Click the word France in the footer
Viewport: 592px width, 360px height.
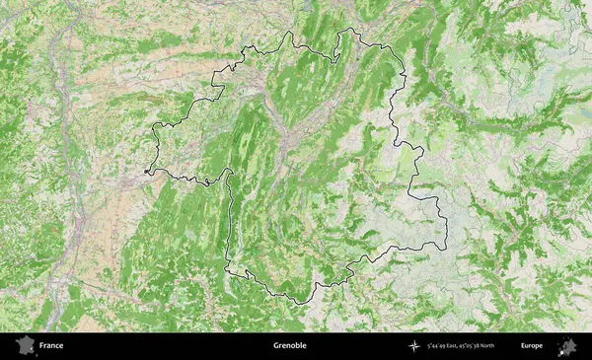pos(51,346)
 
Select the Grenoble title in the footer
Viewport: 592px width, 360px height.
pos(290,346)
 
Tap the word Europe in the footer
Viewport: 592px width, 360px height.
pos(532,346)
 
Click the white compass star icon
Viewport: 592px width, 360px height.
pos(413,346)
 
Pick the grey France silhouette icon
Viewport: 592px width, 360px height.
pos(25,345)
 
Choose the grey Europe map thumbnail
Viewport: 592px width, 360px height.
pos(566,345)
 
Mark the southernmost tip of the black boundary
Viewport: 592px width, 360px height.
pos(297,303)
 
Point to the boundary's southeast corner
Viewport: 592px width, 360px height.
pos(446,247)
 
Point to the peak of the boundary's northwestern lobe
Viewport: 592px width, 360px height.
pos(290,32)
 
